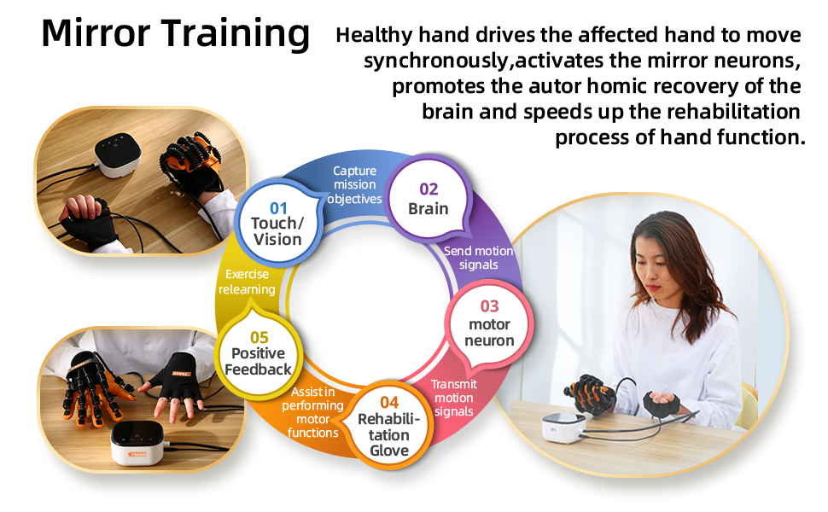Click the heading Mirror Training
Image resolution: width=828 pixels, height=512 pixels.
(175, 34)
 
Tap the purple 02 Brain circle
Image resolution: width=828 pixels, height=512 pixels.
(428, 199)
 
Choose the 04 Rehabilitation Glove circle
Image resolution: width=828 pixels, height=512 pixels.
(389, 426)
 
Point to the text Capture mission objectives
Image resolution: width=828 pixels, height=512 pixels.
(354, 185)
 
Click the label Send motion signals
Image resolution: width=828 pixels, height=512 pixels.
(479, 258)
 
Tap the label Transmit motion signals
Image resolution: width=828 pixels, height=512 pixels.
(453, 398)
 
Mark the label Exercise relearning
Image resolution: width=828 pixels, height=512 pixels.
(247, 282)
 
